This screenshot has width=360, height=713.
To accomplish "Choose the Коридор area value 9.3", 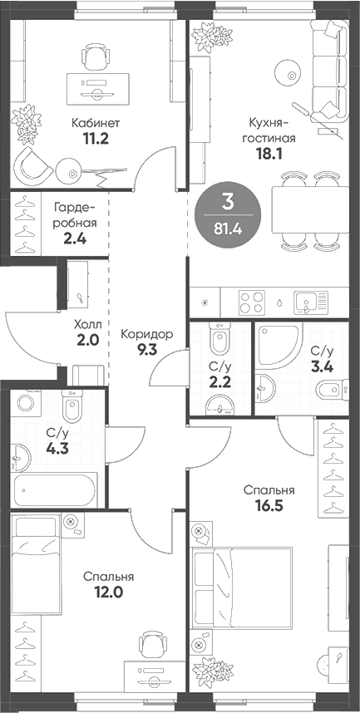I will pyautogui.click(x=146, y=350).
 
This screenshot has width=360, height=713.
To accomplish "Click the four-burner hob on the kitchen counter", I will pyautogui.click(x=251, y=300).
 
